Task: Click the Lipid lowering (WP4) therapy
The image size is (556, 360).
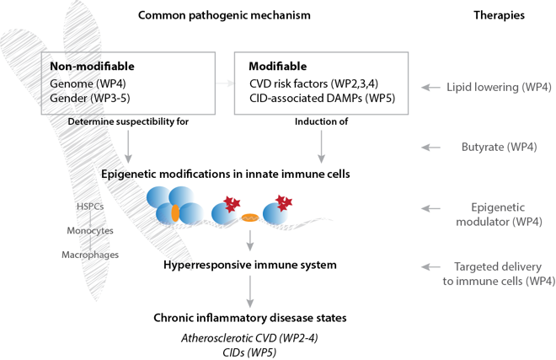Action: pyautogui.click(x=500, y=88)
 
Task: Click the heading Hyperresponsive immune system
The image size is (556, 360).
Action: pyautogui.click(x=249, y=266)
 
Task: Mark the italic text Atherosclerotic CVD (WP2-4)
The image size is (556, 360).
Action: pyautogui.click(x=249, y=339)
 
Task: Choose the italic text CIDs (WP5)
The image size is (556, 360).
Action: pyautogui.click(x=249, y=352)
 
